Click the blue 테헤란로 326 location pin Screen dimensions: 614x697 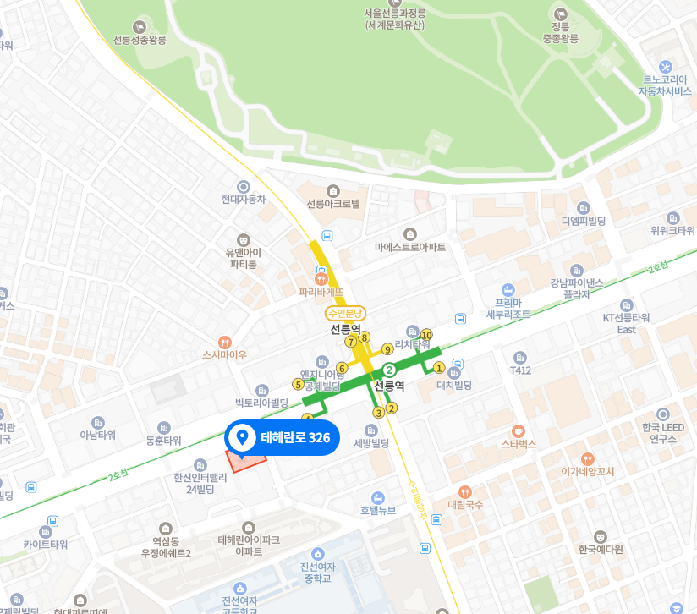pyautogui.click(x=243, y=437)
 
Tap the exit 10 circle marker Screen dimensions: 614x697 pyautogui.click(x=426, y=335)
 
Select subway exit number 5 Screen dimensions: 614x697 pyautogui.click(x=298, y=384)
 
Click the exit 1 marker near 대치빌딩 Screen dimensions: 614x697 pyautogui.click(x=439, y=367)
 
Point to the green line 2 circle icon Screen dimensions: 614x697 pyautogui.click(x=389, y=370)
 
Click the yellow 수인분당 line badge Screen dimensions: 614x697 pyautogui.click(x=347, y=313)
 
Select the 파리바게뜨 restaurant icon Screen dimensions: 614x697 pyautogui.click(x=321, y=277)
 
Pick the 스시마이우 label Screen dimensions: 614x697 pyautogui.click(x=224, y=354)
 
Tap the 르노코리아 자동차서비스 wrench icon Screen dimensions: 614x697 pyautogui.click(x=666, y=67)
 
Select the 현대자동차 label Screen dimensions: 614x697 pyautogui.click(x=244, y=200)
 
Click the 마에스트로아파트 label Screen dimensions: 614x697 pyautogui.click(x=410, y=246)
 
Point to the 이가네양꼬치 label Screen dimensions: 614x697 pyautogui.click(x=587, y=471)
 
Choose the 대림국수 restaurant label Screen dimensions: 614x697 pyautogui.click(x=464, y=504)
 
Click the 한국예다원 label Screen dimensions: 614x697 pyautogui.click(x=601, y=549)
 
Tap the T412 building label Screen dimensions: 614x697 pyautogui.click(x=520, y=370)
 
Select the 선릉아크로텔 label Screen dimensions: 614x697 pyautogui.click(x=333, y=204)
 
